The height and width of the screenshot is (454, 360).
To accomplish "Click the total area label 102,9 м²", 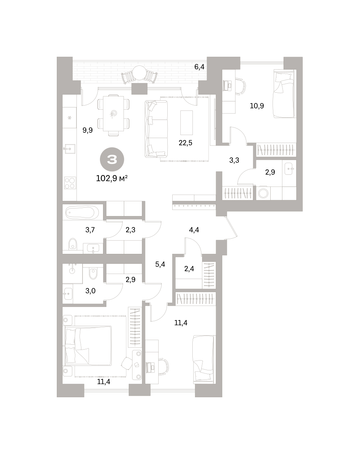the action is [112, 179].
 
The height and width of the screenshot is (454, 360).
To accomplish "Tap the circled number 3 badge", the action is [112, 159].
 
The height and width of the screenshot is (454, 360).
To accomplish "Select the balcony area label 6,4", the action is [199, 67].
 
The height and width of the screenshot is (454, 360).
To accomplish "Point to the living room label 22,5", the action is [185, 143].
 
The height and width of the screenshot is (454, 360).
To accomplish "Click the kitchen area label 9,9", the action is [87, 130].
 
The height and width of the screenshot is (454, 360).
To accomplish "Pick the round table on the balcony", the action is [139, 73].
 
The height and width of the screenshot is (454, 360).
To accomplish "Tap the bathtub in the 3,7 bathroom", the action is [82, 213].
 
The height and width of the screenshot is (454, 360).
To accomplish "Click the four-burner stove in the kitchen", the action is [70, 183].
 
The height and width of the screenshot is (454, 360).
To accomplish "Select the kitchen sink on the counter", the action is [70, 149].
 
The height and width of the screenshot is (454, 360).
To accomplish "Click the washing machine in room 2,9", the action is [263, 193].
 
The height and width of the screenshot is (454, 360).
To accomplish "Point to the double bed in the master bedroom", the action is [88, 346].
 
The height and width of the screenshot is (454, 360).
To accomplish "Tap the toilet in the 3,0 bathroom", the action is [93, 274].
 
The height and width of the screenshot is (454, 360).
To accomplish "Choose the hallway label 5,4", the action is [160, 264].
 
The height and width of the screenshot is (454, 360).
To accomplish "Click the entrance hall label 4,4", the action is [194, 230].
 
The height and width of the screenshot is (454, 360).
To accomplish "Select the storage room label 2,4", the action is [189, 269].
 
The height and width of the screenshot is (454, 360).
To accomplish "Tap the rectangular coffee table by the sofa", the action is [187, 123].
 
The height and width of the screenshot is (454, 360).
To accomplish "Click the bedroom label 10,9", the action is [257, 106].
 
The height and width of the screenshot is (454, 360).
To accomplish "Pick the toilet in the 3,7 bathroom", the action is [73, 244].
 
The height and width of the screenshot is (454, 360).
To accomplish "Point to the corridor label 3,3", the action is [234, 160].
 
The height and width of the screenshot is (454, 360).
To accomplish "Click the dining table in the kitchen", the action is [114, 113].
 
